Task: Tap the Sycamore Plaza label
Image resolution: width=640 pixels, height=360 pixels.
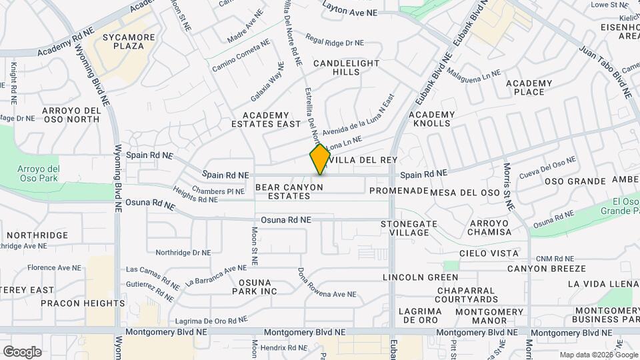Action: point(124,41)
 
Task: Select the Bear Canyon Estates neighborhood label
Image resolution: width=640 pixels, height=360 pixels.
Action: point(289,191)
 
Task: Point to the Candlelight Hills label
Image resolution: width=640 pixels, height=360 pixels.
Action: point(346,67)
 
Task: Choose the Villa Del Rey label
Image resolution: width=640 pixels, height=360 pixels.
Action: point(364,160)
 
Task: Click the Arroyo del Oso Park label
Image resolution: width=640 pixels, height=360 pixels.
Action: point(39,174)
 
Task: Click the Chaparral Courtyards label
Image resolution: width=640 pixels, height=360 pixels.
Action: point(467,295)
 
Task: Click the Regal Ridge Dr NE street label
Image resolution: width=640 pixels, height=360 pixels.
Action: point(335,42)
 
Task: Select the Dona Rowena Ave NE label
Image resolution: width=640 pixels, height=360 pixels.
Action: point(327,283)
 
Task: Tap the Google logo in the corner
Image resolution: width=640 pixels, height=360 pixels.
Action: point(22,351)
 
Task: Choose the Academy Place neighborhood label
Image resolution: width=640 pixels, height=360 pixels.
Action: point(529,87)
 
